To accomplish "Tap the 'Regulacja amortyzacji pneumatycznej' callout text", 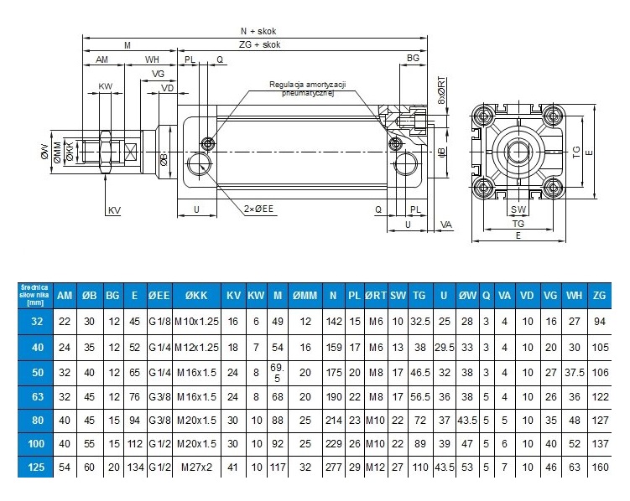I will pos(308,89).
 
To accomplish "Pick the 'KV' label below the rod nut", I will pos(113,209).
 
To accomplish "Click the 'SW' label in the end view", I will pos(518,209).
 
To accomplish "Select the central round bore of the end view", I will pos(518,152).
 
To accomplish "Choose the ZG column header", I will pos(598,296).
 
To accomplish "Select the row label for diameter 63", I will pos(36,396).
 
